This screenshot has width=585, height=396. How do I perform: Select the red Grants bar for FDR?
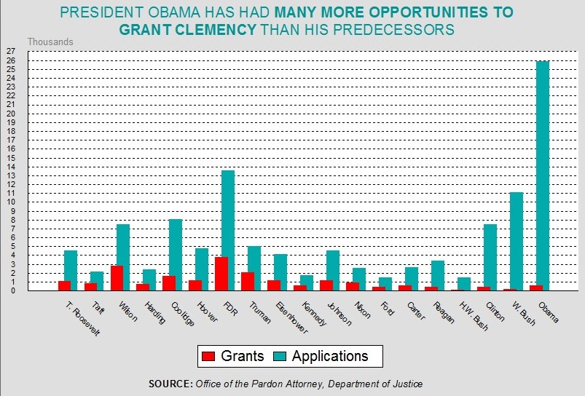click(221, 274)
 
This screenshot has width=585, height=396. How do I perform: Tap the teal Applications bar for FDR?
click(228, 230)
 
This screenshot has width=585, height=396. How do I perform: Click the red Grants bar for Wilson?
click(117, 278)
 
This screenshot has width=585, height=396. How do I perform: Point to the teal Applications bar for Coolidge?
click(176, 255)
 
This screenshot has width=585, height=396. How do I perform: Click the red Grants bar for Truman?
click(248, 281)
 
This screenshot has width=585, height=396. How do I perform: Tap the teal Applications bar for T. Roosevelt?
click(71, 270)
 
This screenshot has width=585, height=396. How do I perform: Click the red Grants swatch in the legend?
click(208, 357)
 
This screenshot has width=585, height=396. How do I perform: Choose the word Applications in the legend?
click(330, 357)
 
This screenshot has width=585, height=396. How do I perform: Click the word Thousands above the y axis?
click(50, 41)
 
